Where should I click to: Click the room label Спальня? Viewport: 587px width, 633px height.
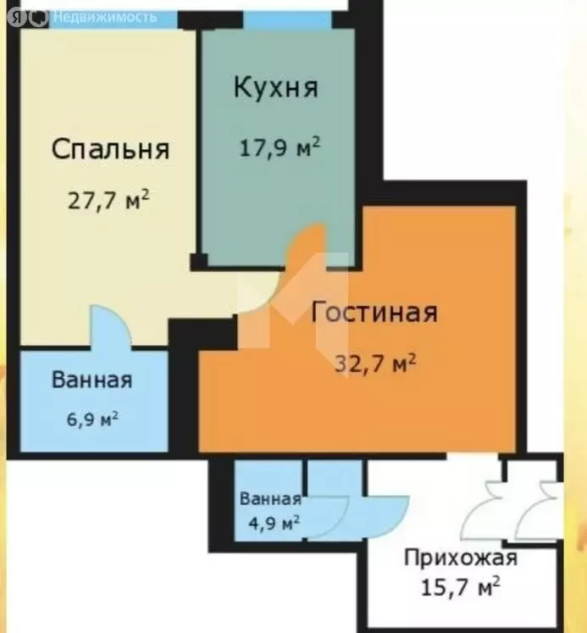tap(110, 149)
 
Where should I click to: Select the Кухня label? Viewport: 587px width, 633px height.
tap(275, 87)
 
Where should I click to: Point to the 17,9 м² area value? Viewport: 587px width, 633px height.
tap(278, 147)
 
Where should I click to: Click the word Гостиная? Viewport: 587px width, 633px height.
tap(374, 313)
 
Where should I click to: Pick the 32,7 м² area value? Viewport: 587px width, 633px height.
tap(374, 365)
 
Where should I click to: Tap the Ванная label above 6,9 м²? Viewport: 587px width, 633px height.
tap(91, 380)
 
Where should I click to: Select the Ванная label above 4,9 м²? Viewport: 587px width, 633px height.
tap(270, 498)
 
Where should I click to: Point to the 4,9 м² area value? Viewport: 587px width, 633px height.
tap(270, 523)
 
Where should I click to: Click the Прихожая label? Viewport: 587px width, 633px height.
tap(460, 558)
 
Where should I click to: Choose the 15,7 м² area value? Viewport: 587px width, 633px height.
tap(461, 586)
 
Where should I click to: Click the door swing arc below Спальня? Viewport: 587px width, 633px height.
tap(110, 326)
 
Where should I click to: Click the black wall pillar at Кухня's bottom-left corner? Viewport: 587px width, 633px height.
tap(198, 261)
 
